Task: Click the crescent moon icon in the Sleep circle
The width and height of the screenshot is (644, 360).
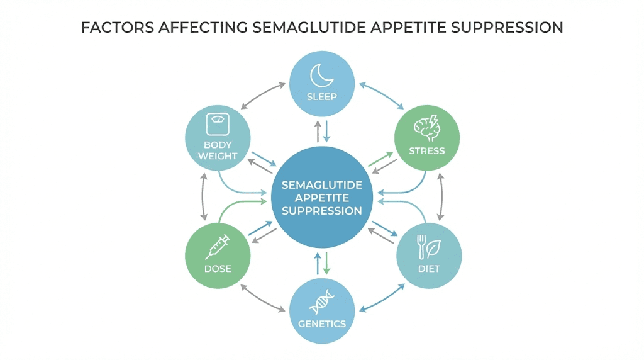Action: click(x=322, y=76)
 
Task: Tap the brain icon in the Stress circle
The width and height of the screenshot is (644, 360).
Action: click(x=426, y=129)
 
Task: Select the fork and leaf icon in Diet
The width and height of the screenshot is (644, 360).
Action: click(x=429, y=247)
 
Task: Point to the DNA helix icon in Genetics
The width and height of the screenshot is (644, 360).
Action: click(x=322, y=302)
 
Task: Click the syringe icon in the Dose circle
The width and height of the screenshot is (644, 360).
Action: click(x=218, y=247)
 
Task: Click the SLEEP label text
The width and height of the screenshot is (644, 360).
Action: click(x=322, y=97)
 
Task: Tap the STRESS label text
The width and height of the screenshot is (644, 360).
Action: click(x=426, y=151)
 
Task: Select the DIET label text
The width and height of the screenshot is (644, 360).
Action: click(x=429, y=269)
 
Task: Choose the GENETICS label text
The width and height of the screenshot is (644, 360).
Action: click(x=322, y=324)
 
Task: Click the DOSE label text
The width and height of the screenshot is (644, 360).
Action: click(x=218, y=269)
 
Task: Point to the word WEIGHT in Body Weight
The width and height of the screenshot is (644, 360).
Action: click(x=218, y=155)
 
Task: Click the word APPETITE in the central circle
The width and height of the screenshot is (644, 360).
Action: click(x=322, y=198)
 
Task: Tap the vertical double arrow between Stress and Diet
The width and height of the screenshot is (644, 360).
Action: click(x=441, y=195)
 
